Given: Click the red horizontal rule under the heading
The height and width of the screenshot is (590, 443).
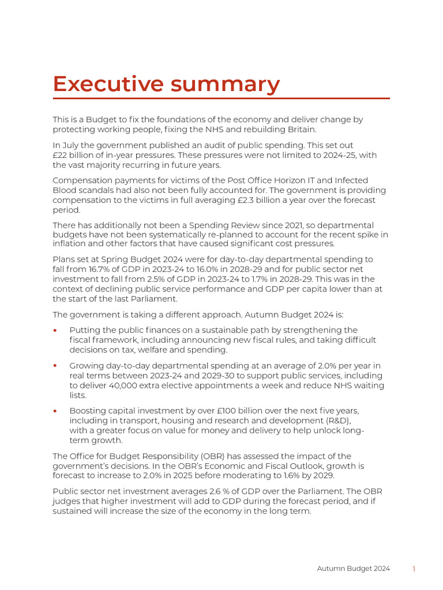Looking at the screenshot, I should coord(221,99).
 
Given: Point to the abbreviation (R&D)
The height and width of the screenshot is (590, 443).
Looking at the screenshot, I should coord(337,421).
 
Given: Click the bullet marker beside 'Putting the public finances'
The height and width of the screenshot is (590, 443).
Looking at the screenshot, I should coord(55,331).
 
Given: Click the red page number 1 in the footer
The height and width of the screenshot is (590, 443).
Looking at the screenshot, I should coord(414,569).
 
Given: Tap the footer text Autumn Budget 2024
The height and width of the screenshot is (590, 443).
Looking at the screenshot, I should coord(353,569).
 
